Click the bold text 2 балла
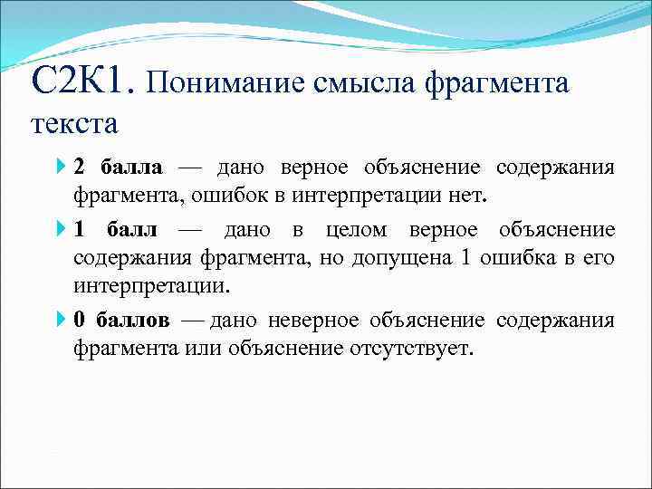click(x=119, y=168)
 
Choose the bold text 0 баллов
click(x=121, y=321)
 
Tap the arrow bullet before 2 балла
click(x=60, y=168)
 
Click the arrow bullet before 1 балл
click(x=60, y=230)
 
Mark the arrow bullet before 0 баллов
click(x=60, y=321)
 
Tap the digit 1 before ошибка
click(x=465, y=258)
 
